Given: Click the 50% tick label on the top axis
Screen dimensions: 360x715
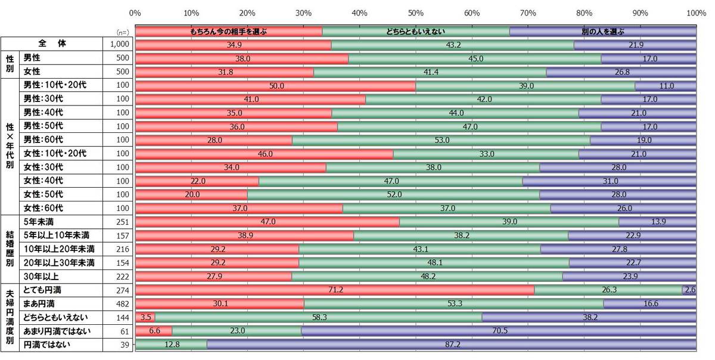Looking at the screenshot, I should pos(415,13).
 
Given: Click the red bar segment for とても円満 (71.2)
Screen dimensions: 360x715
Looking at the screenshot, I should pos(335,290).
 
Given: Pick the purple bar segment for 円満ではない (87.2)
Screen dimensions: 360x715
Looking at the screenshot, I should pos(452,345).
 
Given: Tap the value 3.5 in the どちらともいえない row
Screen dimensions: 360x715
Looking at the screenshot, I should pos(145,317).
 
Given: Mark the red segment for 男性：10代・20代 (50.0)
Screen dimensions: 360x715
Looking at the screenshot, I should pos(276,85).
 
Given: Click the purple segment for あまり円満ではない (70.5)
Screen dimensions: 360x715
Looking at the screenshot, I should pos(499,331).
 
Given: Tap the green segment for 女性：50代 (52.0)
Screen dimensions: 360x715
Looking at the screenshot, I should pos(393,194).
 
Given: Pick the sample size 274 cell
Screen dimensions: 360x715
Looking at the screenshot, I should pos(120,290).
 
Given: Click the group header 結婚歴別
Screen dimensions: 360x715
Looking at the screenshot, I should pos(10,249).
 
